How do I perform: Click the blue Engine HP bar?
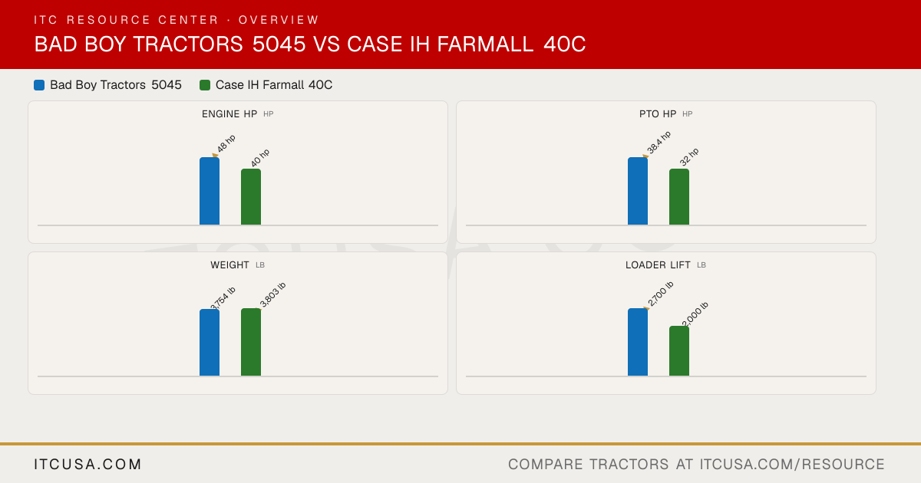[210, 191]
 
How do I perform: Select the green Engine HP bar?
[251, 197]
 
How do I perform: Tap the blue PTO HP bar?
[638, 191]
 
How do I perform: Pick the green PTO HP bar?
[679, 197]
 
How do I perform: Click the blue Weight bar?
[210, 343]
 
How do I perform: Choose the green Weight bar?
[251, 342]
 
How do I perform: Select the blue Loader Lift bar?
[638, 342]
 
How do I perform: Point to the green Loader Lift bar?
[679, 351]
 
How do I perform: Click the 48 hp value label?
[226, 143]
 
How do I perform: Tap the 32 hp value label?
[689, 157]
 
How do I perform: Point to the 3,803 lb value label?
[272, 294]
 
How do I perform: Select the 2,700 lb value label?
[660, 293]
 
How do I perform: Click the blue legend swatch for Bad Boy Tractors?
[39, 85]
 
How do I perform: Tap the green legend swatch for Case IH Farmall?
[205, 85]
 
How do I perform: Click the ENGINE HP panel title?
[229, 114]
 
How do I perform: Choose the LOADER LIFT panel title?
[658, 265]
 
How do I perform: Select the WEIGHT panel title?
[229, 265]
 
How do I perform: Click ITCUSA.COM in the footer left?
[87, 465]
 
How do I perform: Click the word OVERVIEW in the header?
[279, 20]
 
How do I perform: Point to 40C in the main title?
[565, 44]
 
